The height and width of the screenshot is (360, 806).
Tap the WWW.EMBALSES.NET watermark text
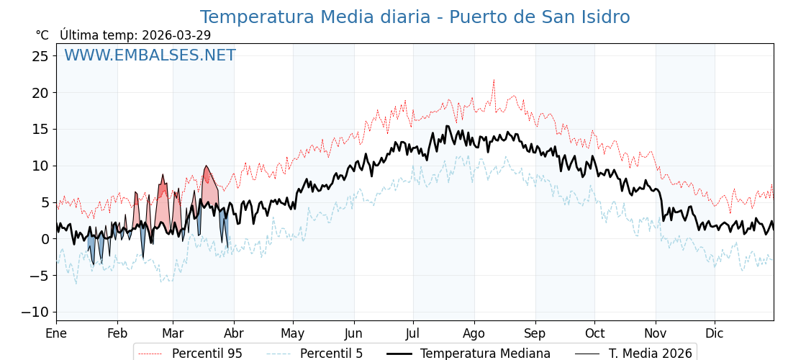pos(150,55)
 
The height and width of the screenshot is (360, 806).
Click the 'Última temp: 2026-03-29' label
pos(135,35)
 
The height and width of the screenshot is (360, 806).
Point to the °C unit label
pos(42,35)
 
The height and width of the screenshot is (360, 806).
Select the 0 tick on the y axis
pos(45,239)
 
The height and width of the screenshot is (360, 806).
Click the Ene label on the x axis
pos(56,333)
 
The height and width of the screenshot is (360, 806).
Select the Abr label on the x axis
pos(234,333)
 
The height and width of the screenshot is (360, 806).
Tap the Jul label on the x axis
pos(413,333)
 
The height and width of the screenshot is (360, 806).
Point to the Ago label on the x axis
pos(474,333)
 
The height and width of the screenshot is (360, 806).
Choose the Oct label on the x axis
pos(594,333)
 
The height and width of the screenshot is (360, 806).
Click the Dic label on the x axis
pos(715,333)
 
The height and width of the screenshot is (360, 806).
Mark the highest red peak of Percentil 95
pos(494,80)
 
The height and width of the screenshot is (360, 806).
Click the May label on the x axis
pos(293,333)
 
